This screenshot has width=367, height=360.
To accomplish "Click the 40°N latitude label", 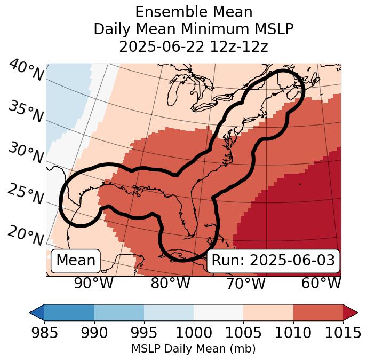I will pos(26,71).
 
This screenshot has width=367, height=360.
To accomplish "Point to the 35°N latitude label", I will pos(26,112).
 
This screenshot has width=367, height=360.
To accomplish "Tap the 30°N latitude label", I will pos(26,153).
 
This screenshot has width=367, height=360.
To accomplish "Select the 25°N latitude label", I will pos(26,194).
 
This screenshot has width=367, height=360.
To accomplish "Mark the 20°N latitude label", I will pos(26,235).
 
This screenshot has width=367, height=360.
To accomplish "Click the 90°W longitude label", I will pos(94,284).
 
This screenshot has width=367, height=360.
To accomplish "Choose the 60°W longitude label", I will pos(321,284).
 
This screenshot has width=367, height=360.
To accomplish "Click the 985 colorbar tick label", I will pos(45,333).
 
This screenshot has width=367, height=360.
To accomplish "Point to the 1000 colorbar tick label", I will pos(194,333).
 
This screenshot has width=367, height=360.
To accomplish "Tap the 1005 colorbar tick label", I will pos(243,333).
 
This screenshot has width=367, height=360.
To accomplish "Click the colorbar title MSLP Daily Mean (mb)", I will pos(194,349).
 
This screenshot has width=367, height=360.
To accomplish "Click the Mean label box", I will pos(76,261).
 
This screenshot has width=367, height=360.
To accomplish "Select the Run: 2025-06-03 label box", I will pos(273,261).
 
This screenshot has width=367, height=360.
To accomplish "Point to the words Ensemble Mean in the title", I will pos(194,12).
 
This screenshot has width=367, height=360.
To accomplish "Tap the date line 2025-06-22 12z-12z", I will pos(194,46).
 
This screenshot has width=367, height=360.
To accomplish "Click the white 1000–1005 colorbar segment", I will pos(218,312).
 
